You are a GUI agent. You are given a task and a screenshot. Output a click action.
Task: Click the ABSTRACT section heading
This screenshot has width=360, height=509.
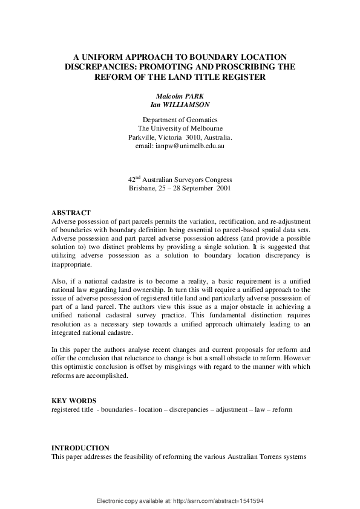(71, 213)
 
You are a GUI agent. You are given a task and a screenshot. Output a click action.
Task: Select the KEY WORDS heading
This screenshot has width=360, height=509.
(73, 401)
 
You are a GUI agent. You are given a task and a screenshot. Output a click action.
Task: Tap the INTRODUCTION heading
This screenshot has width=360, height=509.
(80, 448)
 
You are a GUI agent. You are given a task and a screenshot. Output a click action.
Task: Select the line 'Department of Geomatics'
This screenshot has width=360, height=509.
(180, 120)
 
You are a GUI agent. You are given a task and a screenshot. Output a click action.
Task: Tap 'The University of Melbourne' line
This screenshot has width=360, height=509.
(180, 129)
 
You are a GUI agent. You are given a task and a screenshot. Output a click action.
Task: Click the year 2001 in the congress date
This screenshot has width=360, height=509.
(219, 189)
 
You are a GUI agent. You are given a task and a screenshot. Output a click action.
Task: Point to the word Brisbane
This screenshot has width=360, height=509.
(142, 189)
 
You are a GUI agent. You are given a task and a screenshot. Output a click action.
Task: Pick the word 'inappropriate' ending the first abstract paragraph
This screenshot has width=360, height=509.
(72, 264)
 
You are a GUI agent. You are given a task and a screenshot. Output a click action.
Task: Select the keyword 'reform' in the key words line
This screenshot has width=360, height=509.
(282, 409)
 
